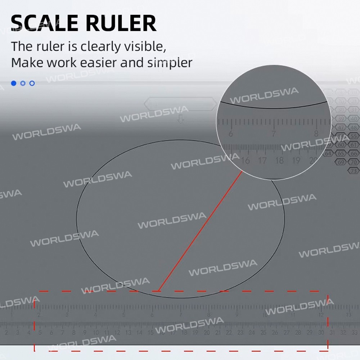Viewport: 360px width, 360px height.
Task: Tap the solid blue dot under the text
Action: pos(14,83)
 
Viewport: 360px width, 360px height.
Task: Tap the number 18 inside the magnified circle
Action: pos(279,161)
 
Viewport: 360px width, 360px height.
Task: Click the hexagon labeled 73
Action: pos(354,171)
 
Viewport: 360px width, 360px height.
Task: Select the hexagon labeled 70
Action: pos(354,162)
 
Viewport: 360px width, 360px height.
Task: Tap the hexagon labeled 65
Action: pos(341,154)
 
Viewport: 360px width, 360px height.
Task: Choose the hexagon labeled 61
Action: pos(354,145)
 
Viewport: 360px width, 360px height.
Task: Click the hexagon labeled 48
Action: pos(354,127)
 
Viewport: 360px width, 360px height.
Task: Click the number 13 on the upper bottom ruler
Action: pos(348,315)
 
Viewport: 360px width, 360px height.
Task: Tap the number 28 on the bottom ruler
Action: pos(298,333)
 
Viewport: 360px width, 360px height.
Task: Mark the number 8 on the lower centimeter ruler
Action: pos(73,333)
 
